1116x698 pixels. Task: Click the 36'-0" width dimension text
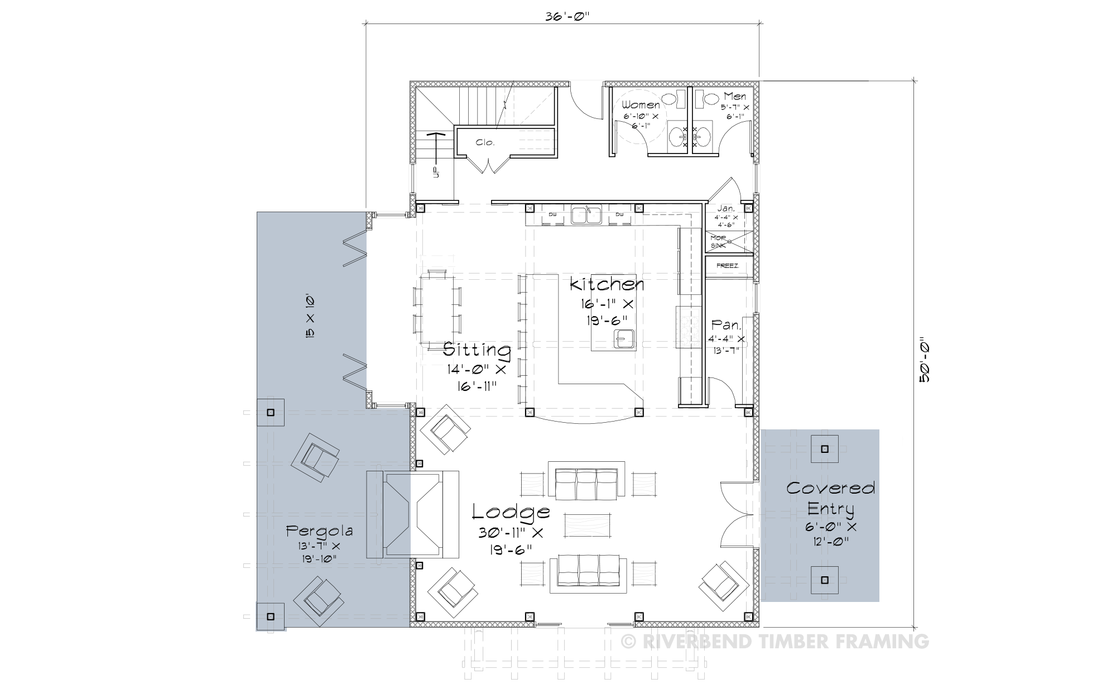point(567,16)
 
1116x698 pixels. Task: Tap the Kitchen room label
point(607,285)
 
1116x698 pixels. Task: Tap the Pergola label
point(319,530)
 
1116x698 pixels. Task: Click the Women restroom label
point(641,105)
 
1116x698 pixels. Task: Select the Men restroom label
point(735,97)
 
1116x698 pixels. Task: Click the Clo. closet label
point(485,142)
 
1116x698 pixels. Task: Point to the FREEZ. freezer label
point(728,266)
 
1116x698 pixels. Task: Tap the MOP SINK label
point(718,242)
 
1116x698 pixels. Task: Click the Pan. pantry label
point(726,325)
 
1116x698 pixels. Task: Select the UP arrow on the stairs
point(436,154)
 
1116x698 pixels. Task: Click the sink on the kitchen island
point(624,338)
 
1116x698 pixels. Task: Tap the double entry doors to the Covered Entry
point(737,514)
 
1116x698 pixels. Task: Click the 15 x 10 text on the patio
point(310,316)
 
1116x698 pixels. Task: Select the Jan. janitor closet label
point(726,208)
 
